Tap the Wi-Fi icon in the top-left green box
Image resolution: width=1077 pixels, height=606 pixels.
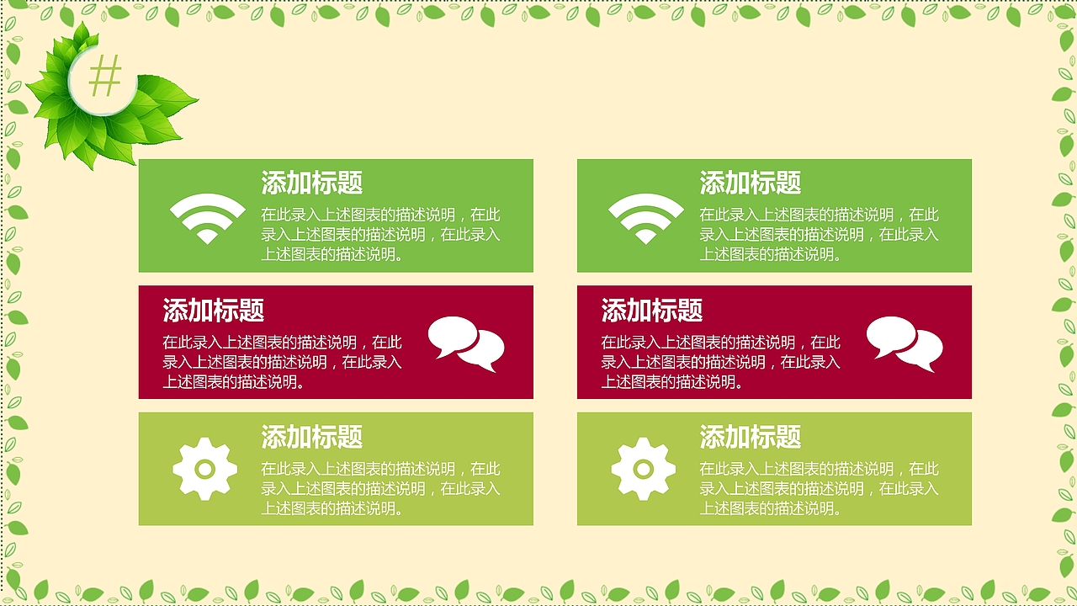point(207,218)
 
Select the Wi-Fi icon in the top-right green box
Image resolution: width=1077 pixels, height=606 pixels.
point(645,218)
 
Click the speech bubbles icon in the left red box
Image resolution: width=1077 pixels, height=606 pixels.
point(466,343)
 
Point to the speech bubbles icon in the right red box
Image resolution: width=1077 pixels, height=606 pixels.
point(905,343)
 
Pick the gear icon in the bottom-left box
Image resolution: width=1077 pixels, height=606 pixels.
point(205,469)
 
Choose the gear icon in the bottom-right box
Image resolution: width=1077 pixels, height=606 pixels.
point(644,469)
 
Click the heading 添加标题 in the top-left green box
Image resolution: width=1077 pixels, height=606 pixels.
point(311,183)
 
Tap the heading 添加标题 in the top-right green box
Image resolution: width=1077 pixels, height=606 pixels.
point(750,183)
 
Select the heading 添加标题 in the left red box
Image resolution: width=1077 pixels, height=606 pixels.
point(213,311)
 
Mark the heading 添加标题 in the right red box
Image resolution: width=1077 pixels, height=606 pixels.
point(651,311)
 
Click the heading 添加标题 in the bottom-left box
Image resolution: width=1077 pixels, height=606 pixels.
point(311,437)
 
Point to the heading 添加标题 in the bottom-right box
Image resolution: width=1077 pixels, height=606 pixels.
point(750,437)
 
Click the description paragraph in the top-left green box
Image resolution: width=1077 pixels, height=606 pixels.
point(380,235)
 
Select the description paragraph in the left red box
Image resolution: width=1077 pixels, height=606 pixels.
point(282,363)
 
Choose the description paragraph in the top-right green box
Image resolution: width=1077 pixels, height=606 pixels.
point(819,235)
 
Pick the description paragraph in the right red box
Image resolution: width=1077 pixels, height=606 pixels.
point(720,363)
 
